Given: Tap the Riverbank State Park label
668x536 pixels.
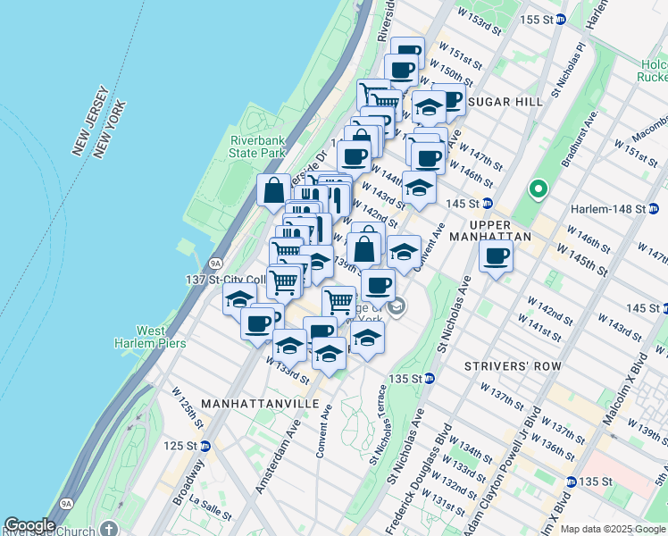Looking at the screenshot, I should point(257,147).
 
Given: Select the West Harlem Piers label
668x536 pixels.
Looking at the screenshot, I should point(150,337).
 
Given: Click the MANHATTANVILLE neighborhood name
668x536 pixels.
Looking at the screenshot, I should point(260,404).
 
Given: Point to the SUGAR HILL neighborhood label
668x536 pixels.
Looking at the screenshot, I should point(505,102).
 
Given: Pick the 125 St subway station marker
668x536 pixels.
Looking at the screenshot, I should point(205,446).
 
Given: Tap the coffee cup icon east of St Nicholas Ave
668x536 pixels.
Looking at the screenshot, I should point(496,257).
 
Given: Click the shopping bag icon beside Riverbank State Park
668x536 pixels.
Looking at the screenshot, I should point(273,190).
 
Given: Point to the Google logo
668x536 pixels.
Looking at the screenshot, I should point(30,525).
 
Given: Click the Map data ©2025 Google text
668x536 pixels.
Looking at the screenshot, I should point(611,529).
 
